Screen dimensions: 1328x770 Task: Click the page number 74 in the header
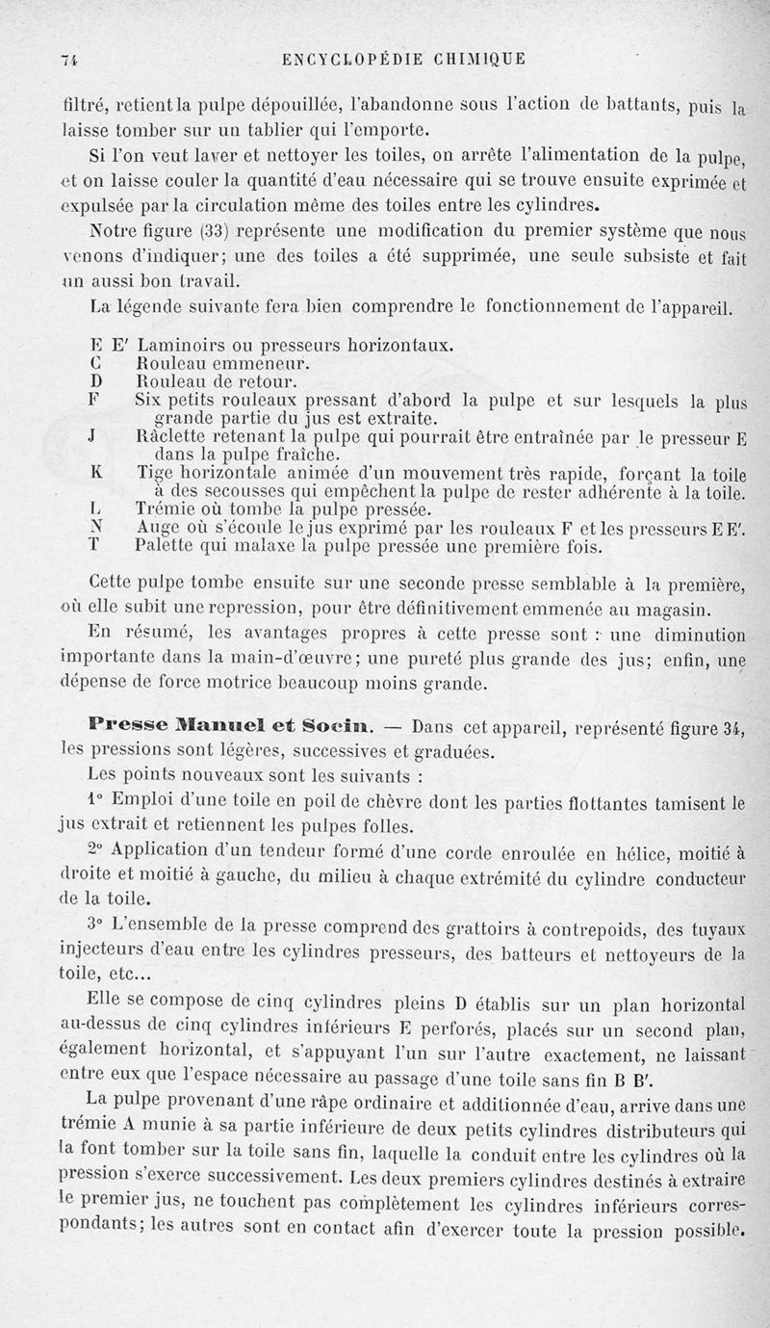[67, 60]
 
